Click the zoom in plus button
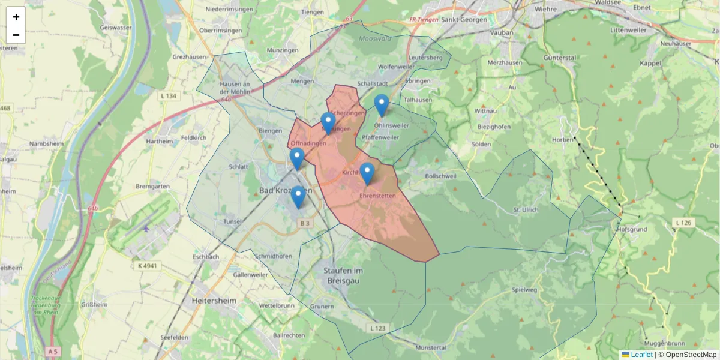coord(16,17)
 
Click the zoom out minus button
coord(16,35)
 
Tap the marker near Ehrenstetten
coord(367,173)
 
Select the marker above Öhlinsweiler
coord(382,105)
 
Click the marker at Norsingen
coord(328,123)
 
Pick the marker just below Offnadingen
coord(297,158)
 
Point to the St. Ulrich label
coord(526,209)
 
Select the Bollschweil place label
coord(440,176)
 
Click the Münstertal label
coord(431,347)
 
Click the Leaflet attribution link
coord(641,355)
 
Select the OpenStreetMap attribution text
coord(691,355)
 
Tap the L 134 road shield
coord(169,96)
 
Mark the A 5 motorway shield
coord(53,351)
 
